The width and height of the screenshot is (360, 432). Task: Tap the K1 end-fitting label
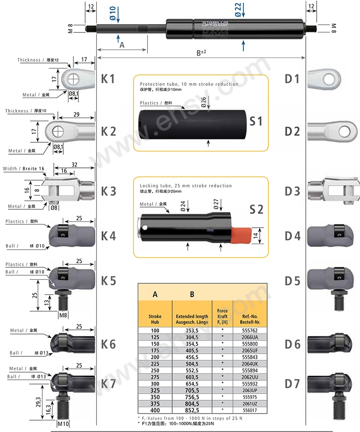tap(108, 78)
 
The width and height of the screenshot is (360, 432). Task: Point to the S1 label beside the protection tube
tap(256, 121)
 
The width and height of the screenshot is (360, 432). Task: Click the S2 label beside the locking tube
tap(256, 209)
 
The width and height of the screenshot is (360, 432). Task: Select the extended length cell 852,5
tap(192, 411)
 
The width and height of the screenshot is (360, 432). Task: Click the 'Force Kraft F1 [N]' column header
tap(222, 313)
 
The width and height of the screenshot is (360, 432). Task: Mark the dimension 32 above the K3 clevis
tap(74, 165)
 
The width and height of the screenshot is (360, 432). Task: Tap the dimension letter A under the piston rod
tap(122, 45)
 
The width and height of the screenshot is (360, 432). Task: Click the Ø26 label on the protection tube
tap(203, 102)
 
